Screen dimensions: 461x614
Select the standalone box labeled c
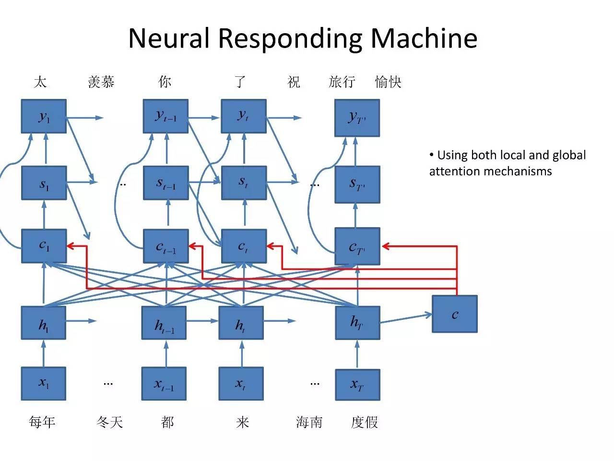[x=454, y=314]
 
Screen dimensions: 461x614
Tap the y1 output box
[x=44, y=116]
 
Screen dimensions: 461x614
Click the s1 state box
[x=44, y=183]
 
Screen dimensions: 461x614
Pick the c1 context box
[x=44, y=246]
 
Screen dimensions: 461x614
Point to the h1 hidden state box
[x=43, y=323]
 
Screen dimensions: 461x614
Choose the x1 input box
[x=43, y=384]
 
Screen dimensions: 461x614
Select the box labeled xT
[x=357, y=385]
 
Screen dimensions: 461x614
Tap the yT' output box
[x=357, y=118]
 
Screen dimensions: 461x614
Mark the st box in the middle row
[x=244, y=183]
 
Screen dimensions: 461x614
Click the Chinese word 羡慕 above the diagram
[x=101, y=82]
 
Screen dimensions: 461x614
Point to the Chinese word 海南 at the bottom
[x=309, y=423]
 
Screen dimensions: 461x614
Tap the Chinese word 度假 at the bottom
[x=365, y=423]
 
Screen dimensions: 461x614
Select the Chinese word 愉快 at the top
[x=388, y=82]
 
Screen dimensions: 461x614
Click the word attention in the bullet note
[x=451, y=171]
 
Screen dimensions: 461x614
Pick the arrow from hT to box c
[x=406, y=318]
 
